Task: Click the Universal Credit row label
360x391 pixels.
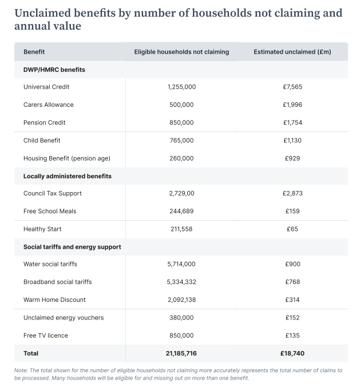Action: coord(46,87)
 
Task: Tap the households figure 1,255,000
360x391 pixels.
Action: coord(181,87)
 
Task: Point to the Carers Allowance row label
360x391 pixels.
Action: coord(49,105)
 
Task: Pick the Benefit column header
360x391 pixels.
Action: coord(34,52)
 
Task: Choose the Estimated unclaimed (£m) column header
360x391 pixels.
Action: coord(292,52)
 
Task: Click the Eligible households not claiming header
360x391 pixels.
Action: coord(181,52)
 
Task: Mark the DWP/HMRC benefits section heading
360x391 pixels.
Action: coord(54,70)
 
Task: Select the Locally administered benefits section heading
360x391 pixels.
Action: coord(68,176)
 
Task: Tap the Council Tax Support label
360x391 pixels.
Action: coord(53,193)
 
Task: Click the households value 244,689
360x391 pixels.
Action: coord(181,211)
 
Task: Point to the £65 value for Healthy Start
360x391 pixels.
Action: coord(292,229)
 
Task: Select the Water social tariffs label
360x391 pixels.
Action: coord(50,264)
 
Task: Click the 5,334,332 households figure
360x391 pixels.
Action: coord(181,282)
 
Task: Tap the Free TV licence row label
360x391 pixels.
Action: coord(46,335)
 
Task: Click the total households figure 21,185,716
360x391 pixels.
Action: coord(181,353)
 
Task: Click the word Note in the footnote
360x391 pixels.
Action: coord(21,370)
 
